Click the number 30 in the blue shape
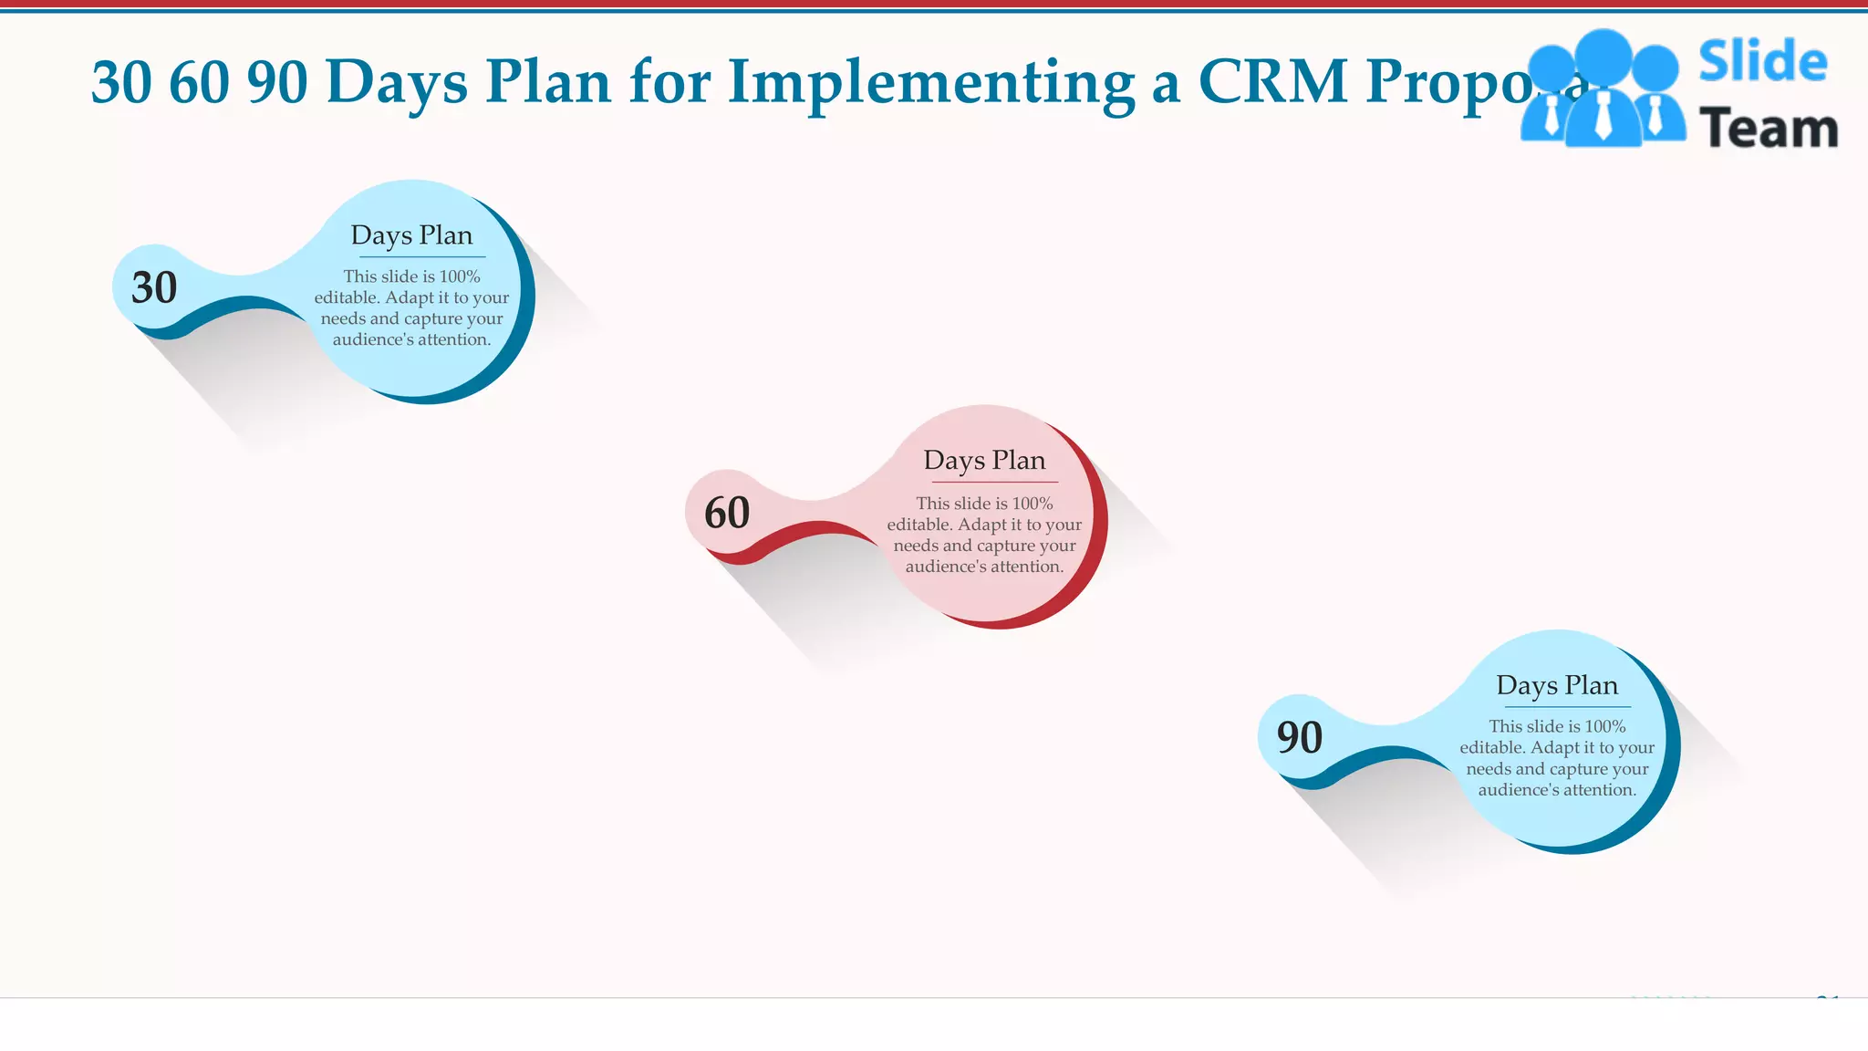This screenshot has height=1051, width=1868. pyautogui.click(x=154, y=288)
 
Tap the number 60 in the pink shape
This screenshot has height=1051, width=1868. pyautogui.click(x=727, y=513)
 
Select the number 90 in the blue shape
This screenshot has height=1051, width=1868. pyautogui.click(x=1300, y=737)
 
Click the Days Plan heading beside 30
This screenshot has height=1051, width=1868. pyautogui.click(x=411, y=235)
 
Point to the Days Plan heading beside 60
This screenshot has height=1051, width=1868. pyautogui.click(x=984, y=460)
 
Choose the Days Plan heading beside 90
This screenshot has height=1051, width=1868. pyautogui.click(x=1557, y=685)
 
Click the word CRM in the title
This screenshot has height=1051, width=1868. pyautogui.click(x=1272, y=82)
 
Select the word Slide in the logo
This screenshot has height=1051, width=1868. pyautogui.click(x=1762, y=62)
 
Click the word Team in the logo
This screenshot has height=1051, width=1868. pyautogui.click(x=1768, y=129)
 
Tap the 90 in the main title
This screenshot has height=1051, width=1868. pyautogui.click(x=277, y=82)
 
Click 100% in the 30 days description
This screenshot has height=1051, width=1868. pyautogui.click(x=460, y=276)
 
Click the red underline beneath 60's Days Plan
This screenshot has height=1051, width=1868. pyautogui.click(x=994, y=482)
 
